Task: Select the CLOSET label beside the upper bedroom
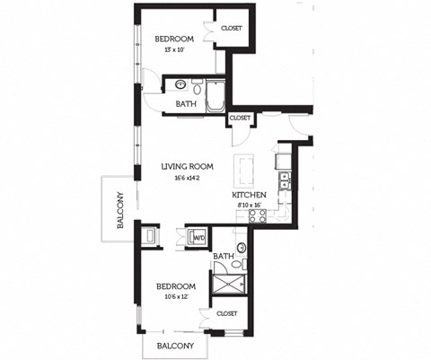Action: (x=232, y=28)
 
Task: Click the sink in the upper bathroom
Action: (x=180, y=87)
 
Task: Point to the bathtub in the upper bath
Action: (x=215, y=96)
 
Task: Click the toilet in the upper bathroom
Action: (x=198, y=86)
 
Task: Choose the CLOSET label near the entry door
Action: (x=241, y=118)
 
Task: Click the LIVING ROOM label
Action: (x=187, y=166)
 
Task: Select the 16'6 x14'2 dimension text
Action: (x=187, y=178)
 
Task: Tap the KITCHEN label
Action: (x=249, y=195)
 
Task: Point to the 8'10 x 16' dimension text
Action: (x=249, y=206)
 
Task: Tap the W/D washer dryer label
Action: (x=198, y=239)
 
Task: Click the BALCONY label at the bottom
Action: (x=175, y=345)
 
